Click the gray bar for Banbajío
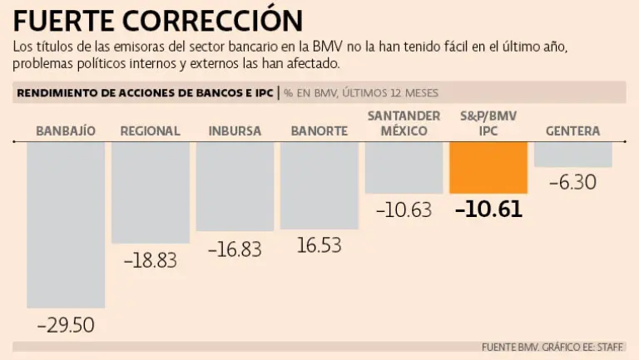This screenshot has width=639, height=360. click(66, 224)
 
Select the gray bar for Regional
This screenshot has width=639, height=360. click(151, 192)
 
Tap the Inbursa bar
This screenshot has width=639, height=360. click(235, 186)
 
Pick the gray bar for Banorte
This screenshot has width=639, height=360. click(319, 185)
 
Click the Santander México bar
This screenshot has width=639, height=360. click(404, 168)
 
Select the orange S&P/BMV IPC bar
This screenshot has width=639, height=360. click(488, 168)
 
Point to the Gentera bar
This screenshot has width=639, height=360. click(573, 155)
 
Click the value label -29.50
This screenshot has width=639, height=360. click(66, 324)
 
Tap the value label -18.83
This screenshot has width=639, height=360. click(151, 259)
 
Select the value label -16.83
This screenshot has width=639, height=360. click(235, 249)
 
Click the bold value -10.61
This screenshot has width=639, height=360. click(488, 209)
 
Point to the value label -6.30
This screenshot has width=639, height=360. click(573, 182)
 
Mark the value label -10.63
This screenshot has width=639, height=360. click(404, 210)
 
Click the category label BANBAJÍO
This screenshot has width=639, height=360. click(66, 131)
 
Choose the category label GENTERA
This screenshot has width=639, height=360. click(573, 131)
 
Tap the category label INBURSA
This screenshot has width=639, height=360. click(235, 131)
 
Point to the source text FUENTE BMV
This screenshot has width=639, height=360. click(510, 347)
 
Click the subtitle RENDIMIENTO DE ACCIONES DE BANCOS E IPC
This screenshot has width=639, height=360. click(145, 92)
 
